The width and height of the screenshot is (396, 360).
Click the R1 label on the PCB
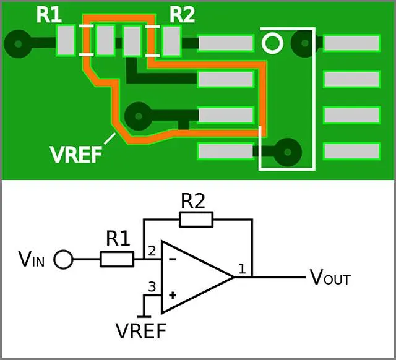[x=49, y=15]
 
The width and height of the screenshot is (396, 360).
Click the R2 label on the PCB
[x=182, y=15]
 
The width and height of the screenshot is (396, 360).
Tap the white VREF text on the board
[x=76, y=155]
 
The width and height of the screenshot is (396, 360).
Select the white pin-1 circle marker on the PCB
[x=272, y=43]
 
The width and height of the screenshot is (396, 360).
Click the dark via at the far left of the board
[x=18, y=44]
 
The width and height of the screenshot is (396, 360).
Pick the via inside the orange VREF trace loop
[x=138, y=116]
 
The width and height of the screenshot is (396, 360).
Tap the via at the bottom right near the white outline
[x=288, y=152]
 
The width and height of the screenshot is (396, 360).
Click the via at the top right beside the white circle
[x=304, y=43]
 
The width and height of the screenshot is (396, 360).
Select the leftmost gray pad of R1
[x=66, y=40]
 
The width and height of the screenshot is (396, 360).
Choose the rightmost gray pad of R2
[x=172, y=41]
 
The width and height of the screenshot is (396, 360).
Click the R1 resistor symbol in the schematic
[x=117, y=259]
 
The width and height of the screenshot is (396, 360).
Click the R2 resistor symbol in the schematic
[x=196, y=220]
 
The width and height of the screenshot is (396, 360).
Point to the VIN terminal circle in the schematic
[x=63, y=259]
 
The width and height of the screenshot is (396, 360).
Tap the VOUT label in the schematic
[x=330, y=278]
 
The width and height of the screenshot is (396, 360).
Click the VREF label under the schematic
[x=141, y=331]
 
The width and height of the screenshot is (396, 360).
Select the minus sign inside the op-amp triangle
[x=173, y=259]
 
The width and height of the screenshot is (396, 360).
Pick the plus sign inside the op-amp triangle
[x=173, y=295]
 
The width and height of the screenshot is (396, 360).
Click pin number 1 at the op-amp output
[x=242, y=269]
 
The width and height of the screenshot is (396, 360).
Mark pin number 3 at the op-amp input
[x=152, y=287]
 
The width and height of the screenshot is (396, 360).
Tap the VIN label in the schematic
[x=32, y=259]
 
